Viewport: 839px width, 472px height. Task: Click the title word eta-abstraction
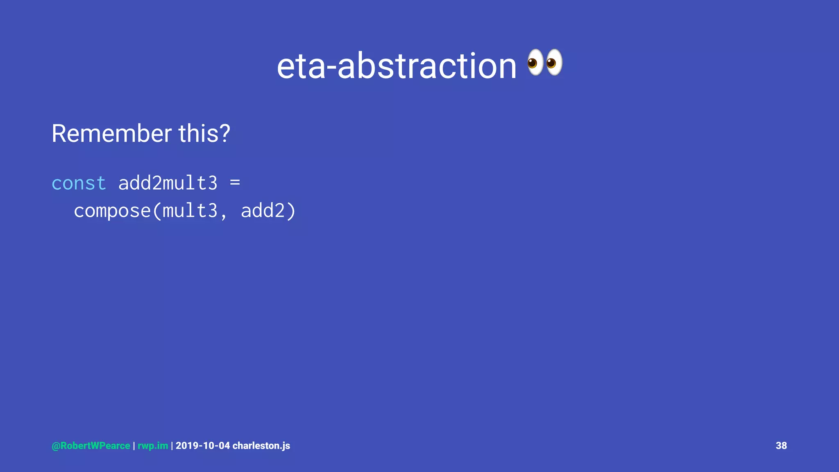click(x=396, y=66)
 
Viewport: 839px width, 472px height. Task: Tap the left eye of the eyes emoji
click(x=534, y=62)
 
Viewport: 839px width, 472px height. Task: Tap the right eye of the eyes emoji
click(x=553, y=62)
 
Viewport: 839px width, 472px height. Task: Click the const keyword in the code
click(x=79, y=183)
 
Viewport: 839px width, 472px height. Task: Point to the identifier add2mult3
click(x=168, y=183)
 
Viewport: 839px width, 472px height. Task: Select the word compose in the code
click(x=112, y=211)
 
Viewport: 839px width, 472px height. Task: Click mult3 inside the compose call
click(x=190, y=211)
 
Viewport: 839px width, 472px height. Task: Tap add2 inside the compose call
click(x=262, y=211)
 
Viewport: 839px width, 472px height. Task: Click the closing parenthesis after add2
click(x=291, y=211)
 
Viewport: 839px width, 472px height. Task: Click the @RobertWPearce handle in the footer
click(x=91, y=446)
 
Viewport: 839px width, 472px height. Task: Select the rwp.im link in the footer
click(x=152, y=446)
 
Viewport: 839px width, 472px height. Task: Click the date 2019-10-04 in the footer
click(x=203, y=446)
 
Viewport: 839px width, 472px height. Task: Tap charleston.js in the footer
click(x=261, y=446)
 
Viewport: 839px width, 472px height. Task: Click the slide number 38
click(x=781, y=446)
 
